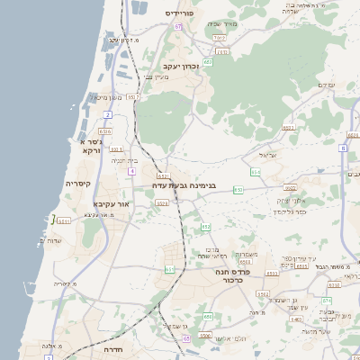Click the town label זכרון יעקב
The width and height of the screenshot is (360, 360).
180,67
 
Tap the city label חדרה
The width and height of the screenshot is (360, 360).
119,348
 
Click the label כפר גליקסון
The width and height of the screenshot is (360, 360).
289,212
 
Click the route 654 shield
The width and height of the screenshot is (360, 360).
256,170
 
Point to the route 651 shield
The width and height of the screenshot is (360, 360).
170,269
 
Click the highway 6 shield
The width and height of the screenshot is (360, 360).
343,148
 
